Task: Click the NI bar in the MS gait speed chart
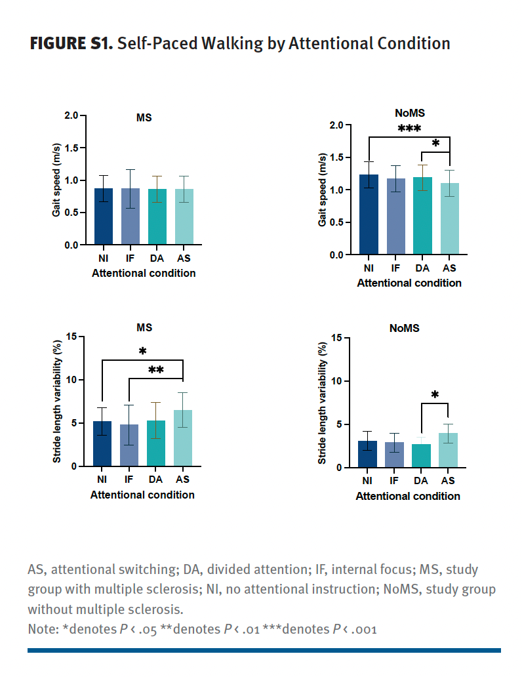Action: coord(104,216)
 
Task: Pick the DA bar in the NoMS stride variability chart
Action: coord(421,456)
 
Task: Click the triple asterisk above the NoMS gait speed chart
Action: coord(409,129)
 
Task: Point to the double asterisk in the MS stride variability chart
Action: coord(155,371)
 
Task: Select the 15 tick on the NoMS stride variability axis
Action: coord(336,338)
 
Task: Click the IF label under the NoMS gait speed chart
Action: coord(395,269)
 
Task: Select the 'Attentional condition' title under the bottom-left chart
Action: coord(142,495)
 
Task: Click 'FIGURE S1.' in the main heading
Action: coord(71,44)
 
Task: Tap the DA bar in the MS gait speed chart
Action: coord(157,216)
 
